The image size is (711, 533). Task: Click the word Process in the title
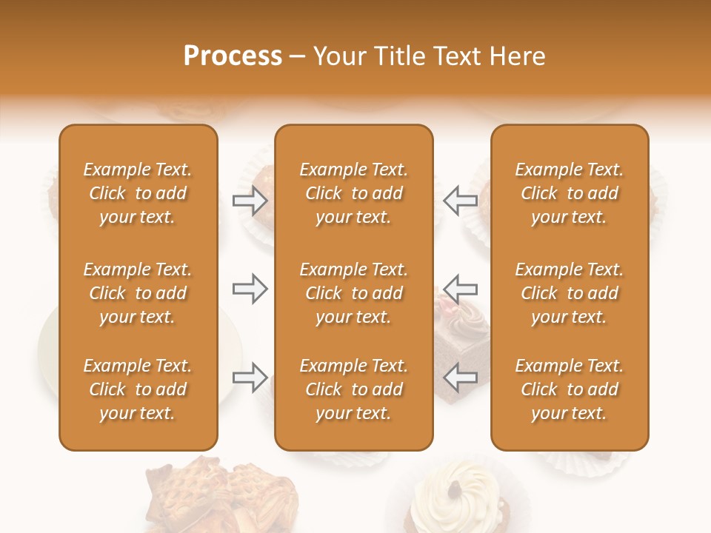click(233, 56)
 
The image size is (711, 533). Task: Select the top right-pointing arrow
click(250, 201)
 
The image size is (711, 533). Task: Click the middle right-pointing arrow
click(250, 289)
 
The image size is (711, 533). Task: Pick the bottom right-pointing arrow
click(250, 377)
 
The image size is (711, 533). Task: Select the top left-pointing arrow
click(460, 201)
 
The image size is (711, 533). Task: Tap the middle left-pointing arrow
click(460, 289)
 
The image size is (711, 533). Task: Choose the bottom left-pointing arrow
click(460, 377)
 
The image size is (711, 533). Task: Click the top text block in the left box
click(138, 193)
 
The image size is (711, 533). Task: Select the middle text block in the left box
click(138, 293)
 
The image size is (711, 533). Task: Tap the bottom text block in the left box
click(138, 389)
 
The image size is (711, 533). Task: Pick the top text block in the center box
click(353, 193)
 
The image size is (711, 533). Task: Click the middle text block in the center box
click(353, 293)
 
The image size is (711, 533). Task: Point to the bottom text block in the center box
click(353, 389)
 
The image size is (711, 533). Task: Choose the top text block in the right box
click(570, 193)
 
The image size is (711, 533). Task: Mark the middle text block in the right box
click(570, 293)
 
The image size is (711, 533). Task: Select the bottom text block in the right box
click(570, 389)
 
